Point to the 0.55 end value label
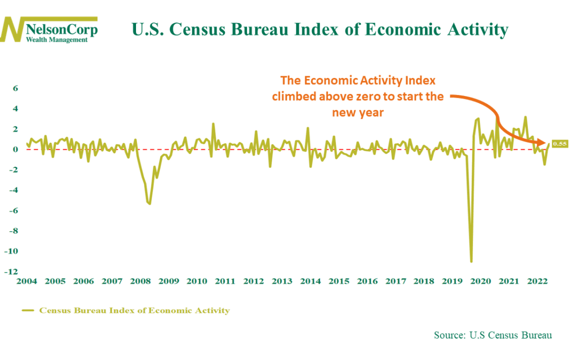[x=559, y=144]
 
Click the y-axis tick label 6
[x=15, y=89]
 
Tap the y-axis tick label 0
[x=15, y=150]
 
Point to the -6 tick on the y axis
[x=13, y=211]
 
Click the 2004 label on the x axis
[x=27, y=281]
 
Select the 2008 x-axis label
[x=140, y=281]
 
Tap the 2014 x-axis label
[x=310, y=281]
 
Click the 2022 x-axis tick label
[x=537, y=281]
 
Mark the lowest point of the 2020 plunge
[x=471, y=261]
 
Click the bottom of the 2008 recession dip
[x=150, y=204]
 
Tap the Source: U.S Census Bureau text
[x=492, y=335]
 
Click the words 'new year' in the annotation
[x=357, y=113]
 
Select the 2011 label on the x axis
[x=225, y=281]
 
